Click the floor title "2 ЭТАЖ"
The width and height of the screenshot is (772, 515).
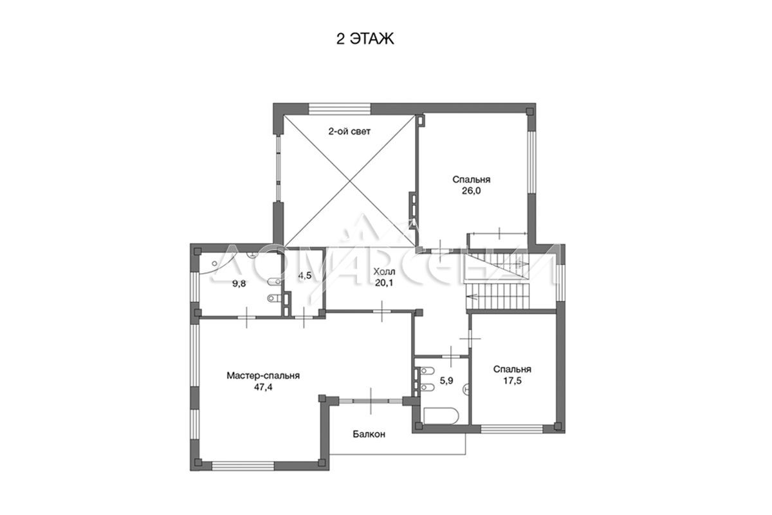[x=365, y=39]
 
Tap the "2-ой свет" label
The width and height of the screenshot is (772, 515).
[x=349, y=131]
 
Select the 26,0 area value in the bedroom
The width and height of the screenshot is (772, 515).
[x=471, y=191]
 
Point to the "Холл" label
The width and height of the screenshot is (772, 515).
[x=384, y=272]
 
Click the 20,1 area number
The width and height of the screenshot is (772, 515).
[x=384, y=283]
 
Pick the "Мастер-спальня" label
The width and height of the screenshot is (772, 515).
[x=263, y=376]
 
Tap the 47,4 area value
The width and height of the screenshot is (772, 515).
[x=263, y=387]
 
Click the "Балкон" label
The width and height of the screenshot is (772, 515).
[x=369, y=435]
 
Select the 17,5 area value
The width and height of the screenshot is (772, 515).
[x=512, y=381]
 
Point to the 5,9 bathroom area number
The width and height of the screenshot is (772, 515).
[x=446, y=381]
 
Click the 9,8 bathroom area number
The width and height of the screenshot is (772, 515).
[x=239, y=283]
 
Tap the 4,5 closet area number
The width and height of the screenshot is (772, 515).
[x=305, y=276]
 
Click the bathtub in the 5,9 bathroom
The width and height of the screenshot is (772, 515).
[x=441, y=416]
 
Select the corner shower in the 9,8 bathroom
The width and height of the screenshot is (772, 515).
[x=214, y=263]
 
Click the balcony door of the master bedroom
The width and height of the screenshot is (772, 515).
[x=371, y=401]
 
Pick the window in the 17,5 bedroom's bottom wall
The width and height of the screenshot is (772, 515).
[x=512, y=429]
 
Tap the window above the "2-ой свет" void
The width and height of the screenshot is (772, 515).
[x=340, y=109]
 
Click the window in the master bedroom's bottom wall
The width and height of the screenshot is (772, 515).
[x=243, y=466]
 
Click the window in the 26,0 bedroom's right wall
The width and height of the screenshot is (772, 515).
[x=531, y=162]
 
